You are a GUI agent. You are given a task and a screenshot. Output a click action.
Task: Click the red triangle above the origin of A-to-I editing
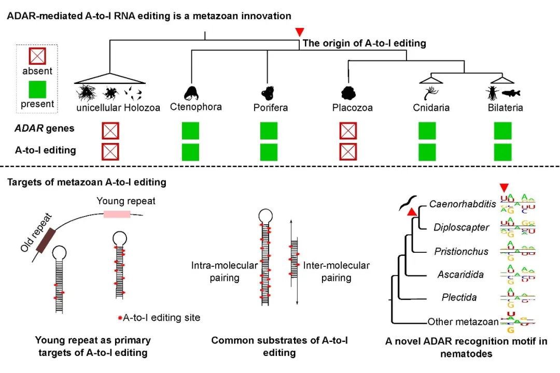pyautogui.click(x=299, y=32)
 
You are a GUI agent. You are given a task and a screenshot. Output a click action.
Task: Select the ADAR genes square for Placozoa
pyautogui.click(x=348, y=131)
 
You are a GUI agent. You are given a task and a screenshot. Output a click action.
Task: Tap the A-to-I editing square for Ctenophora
pyautogui.click(x=190, y=152)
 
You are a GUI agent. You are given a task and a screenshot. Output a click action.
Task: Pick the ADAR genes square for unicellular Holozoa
pyautogui.click(x=110, y=131)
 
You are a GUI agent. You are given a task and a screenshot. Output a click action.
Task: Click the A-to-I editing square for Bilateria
pyautogui.click(x=502, y=152)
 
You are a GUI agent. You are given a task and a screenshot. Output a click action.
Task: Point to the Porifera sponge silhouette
pyautogui.click(x=268, y=93)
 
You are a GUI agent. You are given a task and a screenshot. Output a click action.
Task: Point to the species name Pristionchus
pyautogui.click(x=461, y=251)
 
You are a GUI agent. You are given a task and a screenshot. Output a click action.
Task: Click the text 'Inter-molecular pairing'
pyautogui.click(x=337, y=271)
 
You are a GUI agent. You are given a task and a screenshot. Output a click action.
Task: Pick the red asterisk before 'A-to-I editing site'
pyautogui.click(x=120, y=318)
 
